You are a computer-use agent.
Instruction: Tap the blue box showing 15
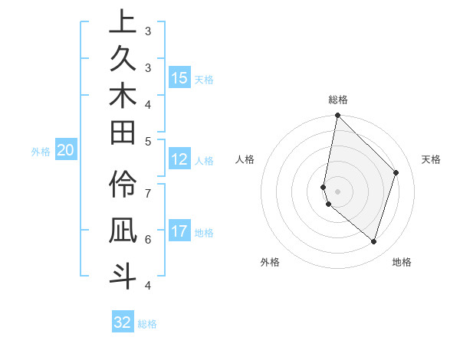point(179,78)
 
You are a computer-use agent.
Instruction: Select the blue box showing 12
point(179,160)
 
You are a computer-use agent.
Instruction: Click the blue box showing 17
point(179,232)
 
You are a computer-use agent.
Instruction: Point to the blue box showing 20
point(66,151)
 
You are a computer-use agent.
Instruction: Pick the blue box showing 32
point(123,322)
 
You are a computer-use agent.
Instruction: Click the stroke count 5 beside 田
point(148,140)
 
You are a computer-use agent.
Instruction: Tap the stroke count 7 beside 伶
point(148,191)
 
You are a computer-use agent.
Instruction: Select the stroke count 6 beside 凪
point(148,238)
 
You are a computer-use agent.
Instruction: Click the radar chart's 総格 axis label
point(338,100)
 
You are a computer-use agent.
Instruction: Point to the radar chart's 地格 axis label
point(402,262)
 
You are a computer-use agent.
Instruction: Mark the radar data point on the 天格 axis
point(396,172)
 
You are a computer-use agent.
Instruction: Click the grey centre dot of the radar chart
point(338,191)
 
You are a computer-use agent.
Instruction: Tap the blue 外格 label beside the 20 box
point(41,152)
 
